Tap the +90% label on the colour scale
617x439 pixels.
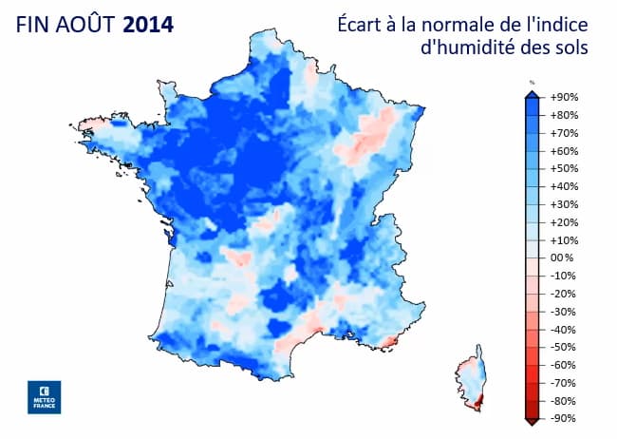[564, 98]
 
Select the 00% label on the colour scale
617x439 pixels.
[562, 258]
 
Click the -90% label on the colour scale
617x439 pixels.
[563, 418]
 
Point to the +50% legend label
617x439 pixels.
[564, 169]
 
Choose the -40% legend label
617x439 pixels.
[563, 329]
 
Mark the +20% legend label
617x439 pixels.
[564, 222]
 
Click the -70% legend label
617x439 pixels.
[563, 382]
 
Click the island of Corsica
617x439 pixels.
[473, 384]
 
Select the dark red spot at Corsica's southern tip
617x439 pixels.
[477, 407]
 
